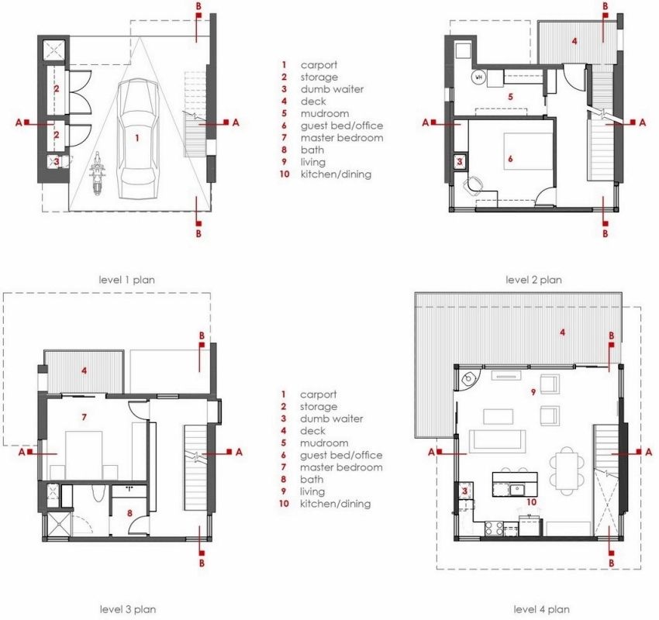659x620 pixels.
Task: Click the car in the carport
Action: (137, 139)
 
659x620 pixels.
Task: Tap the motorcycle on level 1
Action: (97, 174)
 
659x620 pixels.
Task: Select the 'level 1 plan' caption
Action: (126, 280)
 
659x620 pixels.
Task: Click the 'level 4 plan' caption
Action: (541, 609)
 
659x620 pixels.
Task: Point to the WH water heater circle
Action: (478, 77)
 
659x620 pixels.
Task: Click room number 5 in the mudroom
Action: (510, 97)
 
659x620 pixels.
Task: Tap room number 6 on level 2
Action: (510, 159)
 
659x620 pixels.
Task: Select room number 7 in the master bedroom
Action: (84, 417)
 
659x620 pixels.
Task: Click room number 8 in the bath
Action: (130, 513)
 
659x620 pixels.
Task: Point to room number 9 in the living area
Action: (533, 392)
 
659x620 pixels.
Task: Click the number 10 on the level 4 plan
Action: (532, 502)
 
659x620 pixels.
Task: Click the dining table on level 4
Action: (567, 469)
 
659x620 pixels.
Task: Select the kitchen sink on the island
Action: (516, 489)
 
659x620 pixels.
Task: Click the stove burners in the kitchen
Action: (494, 529)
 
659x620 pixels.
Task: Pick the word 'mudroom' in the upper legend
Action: (324, 113)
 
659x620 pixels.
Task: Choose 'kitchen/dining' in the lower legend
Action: (336, 504)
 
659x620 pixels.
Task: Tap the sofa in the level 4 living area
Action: (497, 441)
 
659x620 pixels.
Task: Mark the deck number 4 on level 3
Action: (84, 370)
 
